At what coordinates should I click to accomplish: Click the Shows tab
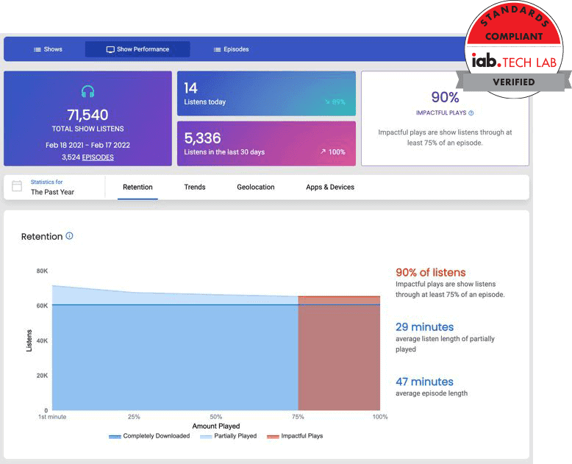[49, 49]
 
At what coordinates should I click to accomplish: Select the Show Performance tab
[137, 49]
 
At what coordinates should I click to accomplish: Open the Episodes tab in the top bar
[232, 49]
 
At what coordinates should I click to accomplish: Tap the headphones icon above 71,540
[87, 92]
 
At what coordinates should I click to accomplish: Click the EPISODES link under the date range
[98, 157]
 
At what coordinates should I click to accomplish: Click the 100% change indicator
[333, 151]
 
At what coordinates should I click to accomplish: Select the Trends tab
[195, 188]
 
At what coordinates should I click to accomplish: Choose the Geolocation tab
[256, 188]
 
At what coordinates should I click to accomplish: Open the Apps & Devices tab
[330, 188]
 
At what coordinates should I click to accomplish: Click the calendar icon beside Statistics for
[17, 187]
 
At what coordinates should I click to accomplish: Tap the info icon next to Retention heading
[70, 236]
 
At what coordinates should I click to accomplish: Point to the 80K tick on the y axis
[42, 271]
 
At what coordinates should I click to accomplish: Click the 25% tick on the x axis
[134, 417]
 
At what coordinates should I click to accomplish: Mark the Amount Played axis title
[216, 426]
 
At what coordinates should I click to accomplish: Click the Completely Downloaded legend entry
[150, 436]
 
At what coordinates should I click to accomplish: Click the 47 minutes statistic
[424, 382]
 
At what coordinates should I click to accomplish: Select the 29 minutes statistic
[424, 327]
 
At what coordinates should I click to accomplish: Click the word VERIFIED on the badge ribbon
[513, 82]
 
